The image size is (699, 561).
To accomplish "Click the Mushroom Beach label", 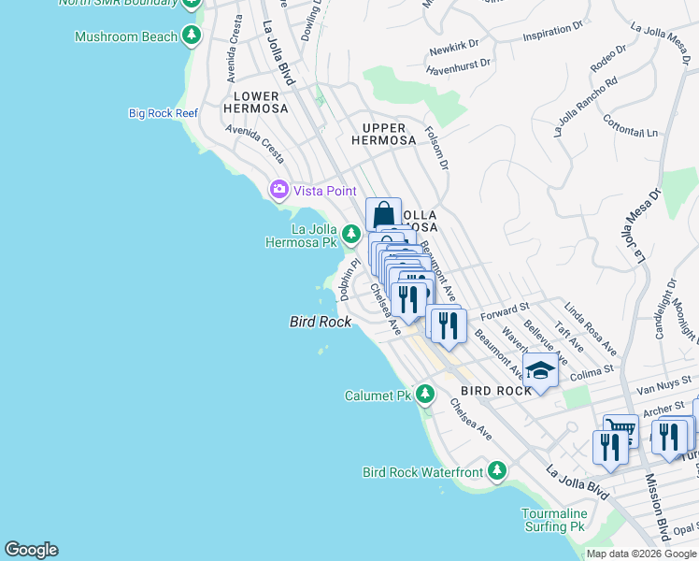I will pos(126,36).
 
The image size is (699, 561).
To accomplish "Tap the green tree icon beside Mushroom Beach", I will pos(192,36).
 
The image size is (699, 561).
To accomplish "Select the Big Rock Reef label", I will pos(164,113).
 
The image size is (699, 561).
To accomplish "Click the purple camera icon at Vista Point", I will pos(278,190).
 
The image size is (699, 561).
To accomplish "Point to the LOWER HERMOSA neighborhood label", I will pos(256,102).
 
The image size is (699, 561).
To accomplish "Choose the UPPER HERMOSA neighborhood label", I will pos(383,134).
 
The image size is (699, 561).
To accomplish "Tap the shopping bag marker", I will pos(383,214).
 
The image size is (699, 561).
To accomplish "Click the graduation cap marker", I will pos(539,370).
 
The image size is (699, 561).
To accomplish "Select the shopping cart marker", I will pos(620,430).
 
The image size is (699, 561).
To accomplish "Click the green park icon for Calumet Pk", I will pos(425,394).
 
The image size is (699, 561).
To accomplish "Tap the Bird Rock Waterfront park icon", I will pos(498,470).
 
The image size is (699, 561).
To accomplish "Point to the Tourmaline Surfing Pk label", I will pos(554,520).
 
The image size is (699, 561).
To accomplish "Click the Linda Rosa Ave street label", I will pos(590,328).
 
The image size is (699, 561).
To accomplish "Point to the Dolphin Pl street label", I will pos(349,280).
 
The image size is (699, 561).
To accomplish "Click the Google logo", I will pos(31,550).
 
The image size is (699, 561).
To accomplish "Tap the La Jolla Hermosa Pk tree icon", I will pos(351,233).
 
